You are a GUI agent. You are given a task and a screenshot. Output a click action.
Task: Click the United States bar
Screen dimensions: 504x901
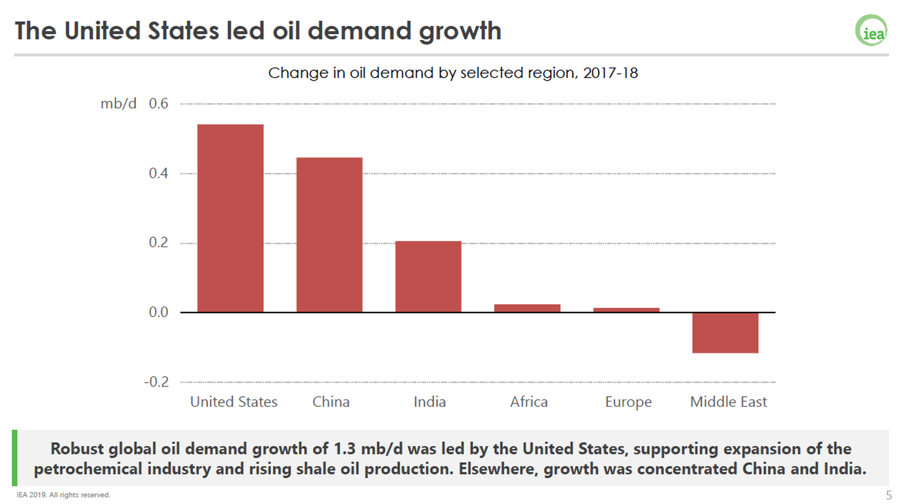click(230, 218)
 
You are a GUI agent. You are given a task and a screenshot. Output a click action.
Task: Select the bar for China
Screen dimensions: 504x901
click(329, 235)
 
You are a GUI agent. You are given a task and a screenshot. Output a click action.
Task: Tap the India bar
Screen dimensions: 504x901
click(428, 276)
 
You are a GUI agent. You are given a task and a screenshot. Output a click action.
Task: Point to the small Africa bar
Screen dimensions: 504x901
click(527, 308)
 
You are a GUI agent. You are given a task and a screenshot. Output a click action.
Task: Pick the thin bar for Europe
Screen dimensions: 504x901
click(626, 310)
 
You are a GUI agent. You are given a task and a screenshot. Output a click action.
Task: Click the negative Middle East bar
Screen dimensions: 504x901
click(725, 333)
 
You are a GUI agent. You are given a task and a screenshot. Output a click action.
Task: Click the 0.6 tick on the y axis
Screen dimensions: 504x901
click(158, 104)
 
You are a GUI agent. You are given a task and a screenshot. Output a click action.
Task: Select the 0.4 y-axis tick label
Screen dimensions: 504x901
click(158, 174)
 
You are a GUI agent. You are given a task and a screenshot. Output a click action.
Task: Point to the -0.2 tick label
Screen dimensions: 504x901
click(156, 382)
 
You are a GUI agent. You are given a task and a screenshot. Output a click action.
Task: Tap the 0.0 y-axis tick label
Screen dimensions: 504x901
click(158, 313)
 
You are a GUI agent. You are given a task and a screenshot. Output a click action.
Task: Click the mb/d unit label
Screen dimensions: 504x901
click(118, 104)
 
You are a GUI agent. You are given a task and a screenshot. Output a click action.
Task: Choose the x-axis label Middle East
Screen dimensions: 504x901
click(728, 402)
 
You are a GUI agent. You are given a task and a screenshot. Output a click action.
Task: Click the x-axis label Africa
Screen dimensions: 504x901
click(529, 402)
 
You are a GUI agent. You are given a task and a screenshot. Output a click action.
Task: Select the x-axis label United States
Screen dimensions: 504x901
click(234, 402)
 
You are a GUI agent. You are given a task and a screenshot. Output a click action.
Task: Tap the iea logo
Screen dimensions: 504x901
click(871, 31)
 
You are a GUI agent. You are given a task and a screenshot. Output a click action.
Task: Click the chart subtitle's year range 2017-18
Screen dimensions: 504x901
click(610, 73)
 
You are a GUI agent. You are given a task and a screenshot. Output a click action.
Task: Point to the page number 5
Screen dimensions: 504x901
click(888, 495)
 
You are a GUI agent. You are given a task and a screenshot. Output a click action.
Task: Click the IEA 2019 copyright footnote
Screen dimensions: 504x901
click(63, 495)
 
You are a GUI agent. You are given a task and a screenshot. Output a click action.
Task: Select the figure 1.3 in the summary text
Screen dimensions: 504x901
click(344, 449)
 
